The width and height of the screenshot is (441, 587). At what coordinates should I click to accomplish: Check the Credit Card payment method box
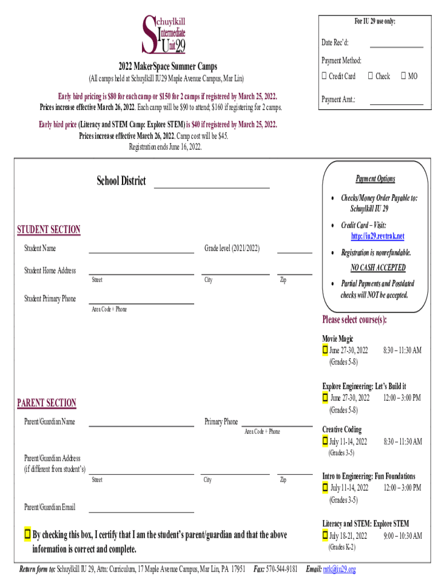tap(324, 76)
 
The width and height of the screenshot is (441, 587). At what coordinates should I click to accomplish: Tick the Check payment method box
tap(371, 76)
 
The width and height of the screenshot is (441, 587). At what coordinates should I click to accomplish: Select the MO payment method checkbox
tap(404, 76)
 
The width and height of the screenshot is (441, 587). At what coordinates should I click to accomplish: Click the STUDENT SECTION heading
tap(49, 230)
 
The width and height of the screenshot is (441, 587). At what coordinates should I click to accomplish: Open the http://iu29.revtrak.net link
tap(377, 236)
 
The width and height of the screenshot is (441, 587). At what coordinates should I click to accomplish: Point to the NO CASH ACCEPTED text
tap(377, 268)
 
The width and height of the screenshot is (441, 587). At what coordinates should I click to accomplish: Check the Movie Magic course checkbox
tap(325, 350)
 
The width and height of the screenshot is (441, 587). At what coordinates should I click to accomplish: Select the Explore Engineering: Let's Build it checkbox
tap(325, 397)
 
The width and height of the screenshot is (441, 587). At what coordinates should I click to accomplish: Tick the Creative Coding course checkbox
tap(325, 441)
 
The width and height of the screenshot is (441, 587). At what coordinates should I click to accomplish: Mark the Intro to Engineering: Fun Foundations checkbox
tap(325, 488)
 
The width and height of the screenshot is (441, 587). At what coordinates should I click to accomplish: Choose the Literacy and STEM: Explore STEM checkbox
tap(325, 535)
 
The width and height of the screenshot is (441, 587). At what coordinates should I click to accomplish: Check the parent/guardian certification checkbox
tap(27, 534)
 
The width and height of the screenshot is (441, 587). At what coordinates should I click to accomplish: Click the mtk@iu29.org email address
tap(339, 569)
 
